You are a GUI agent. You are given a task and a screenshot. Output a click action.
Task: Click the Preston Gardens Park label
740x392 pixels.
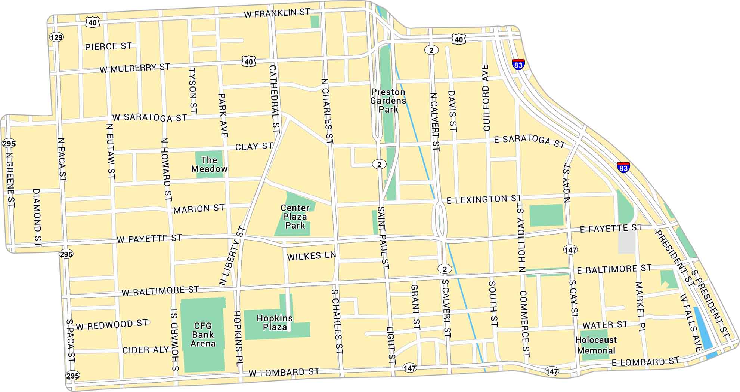[388, 101]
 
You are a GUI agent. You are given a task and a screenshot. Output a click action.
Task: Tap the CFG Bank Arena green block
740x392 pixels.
[203, 334]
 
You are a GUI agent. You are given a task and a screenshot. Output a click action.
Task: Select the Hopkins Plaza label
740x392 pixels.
[275, 322]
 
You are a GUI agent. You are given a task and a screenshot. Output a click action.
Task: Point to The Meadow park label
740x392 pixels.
[209, 165]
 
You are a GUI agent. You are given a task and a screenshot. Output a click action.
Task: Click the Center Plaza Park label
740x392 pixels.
[295, 217]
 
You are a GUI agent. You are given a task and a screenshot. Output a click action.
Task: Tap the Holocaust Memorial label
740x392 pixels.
[596, 345]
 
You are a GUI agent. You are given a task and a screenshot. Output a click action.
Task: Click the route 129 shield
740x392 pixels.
[56, 37]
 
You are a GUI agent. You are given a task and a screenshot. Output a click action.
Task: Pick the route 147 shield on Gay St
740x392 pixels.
[570, 249]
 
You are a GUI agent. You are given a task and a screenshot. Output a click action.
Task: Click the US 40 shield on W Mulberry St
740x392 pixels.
[249, 62]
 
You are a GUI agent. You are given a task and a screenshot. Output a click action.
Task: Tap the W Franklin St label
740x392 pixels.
[277, 13]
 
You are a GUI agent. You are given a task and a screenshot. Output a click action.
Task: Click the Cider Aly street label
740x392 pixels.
[146, 350]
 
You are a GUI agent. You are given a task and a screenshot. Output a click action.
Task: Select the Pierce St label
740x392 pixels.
[108, 46]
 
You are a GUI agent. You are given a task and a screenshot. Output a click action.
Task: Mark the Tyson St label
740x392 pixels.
[193, 91]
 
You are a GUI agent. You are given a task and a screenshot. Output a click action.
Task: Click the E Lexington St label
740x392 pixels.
[484, 199]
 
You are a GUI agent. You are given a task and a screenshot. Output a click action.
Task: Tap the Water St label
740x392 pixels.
[605, 325]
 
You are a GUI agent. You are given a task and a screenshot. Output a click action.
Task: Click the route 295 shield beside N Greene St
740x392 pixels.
[9, 143]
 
